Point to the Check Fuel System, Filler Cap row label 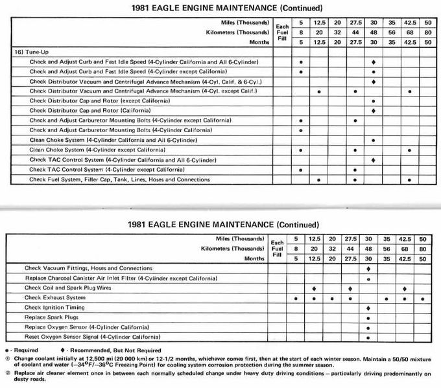pyautogui.click(x=120, y=179)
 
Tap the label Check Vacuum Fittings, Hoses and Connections pyautogui.click(x=88, y=268)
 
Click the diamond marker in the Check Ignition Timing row pyautogui.click(x=368, y=308)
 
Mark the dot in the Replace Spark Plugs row pyautogui.click(x=368, y=317)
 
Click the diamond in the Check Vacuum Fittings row pyautogui.click(x=368, y=268)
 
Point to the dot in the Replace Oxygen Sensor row pyautogui.click(x=368, y=327)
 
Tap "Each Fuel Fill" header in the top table pyautogui.click(x=281, y=32)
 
